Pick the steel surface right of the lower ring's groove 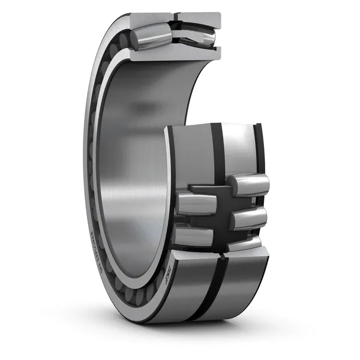240,282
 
